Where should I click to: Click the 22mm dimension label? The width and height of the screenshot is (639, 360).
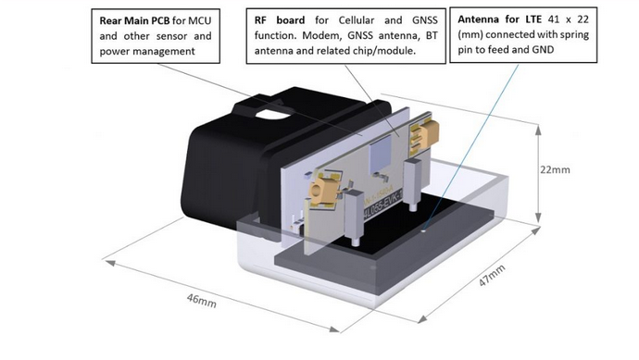click(555, 169)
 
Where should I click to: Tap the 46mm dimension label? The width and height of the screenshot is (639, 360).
click(201, 301)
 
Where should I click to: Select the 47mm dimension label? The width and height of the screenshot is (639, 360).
click(492, 275)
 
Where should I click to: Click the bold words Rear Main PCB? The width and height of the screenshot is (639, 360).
click(134, 20)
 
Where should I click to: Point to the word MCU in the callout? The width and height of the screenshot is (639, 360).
click(200, 20)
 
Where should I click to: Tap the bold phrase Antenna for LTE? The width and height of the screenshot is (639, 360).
click(500, 19)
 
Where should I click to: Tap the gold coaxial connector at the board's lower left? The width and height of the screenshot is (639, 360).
click(322, 191)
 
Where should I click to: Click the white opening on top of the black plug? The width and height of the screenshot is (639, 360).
click(273, 115)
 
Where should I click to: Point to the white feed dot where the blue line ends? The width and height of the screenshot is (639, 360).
click(424, 231)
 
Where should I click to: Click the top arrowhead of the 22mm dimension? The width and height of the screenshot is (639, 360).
click(538, 130)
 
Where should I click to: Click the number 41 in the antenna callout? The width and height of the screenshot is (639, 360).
click(554, 19)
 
